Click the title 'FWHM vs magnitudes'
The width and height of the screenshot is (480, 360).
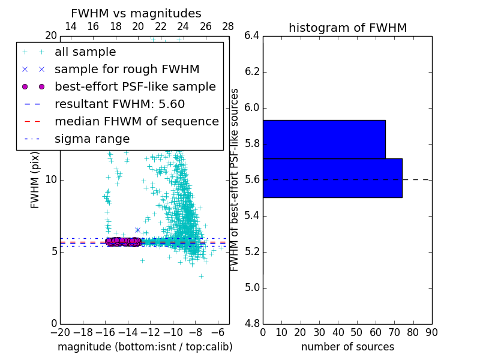tap(136, 14)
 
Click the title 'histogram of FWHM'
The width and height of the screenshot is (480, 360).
tap(347, 28)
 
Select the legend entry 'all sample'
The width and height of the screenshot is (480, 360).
tap(85, 52)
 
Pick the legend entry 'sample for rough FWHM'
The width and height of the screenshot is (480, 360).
tap(127, 70)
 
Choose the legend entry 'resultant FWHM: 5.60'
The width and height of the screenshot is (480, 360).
tap(119, 104)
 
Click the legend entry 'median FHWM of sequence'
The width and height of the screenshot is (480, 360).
tap(136, 122)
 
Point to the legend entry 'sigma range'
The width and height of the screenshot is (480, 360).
tap(92, 139)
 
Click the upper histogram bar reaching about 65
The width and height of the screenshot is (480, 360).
tap(324, 139)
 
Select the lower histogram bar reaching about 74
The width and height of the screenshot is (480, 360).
tap(332, 178)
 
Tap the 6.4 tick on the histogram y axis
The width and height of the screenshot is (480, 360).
tap(251, 36)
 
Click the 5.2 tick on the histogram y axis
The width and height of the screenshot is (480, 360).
tap(251, 252)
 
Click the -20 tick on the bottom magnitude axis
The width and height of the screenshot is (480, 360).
tap(60, 332)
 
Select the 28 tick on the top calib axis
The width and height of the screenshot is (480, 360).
tap(229, 26)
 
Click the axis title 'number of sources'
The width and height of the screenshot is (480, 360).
tap(347, 347)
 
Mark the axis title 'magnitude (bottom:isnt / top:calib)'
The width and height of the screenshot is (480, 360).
tap(145, 347)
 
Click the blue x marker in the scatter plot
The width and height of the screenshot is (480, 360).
tap(137, 230)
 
